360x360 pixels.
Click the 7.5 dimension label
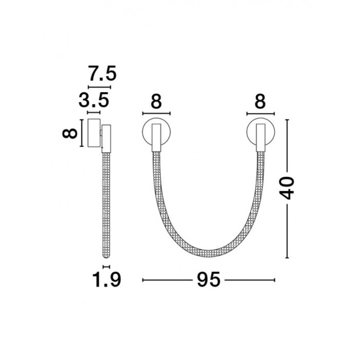pyautogui.click(x=103, y=73)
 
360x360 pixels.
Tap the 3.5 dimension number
pyautogui.click(x=94, y=100)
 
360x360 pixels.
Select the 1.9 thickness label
pyautogui.click(x=106, y=280)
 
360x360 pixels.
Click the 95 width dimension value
pyautogui.click(x=208, y=280)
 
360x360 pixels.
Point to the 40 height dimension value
pyautogui.click(x=286, y=188)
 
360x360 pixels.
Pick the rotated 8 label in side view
pyautogui.click(x=70, y=133)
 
